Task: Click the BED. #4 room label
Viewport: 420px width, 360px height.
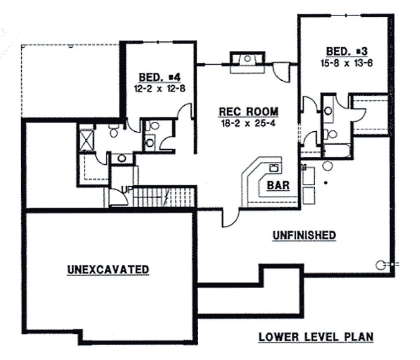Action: pyautogui.click(x=159, y=77)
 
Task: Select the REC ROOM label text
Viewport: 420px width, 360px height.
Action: pyautogui.click(x=248, y=112)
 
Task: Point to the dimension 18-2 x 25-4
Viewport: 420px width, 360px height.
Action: pyautogui.click(x=248, y=122)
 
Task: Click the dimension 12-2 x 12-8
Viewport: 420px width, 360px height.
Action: pyautogui.click(x=159, y=88)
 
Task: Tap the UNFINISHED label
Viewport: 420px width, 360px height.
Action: pyautogui.click(x=305, y=235)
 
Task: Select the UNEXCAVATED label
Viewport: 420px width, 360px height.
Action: pyautogui.click(x=108, y=269)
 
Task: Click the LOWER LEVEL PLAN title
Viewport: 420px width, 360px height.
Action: pyautogui.click(x=316, y=337)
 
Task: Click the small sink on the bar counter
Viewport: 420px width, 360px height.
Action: pyautogui.click(x=273, y=167)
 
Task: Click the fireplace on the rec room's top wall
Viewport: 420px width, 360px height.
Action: pyautogui.click(x=247, y=62)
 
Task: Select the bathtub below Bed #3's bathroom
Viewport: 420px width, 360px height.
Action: pyautogui.click(x=337, y=150)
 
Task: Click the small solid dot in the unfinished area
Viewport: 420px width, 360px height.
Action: pyautogui.click(x=326, y=183)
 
